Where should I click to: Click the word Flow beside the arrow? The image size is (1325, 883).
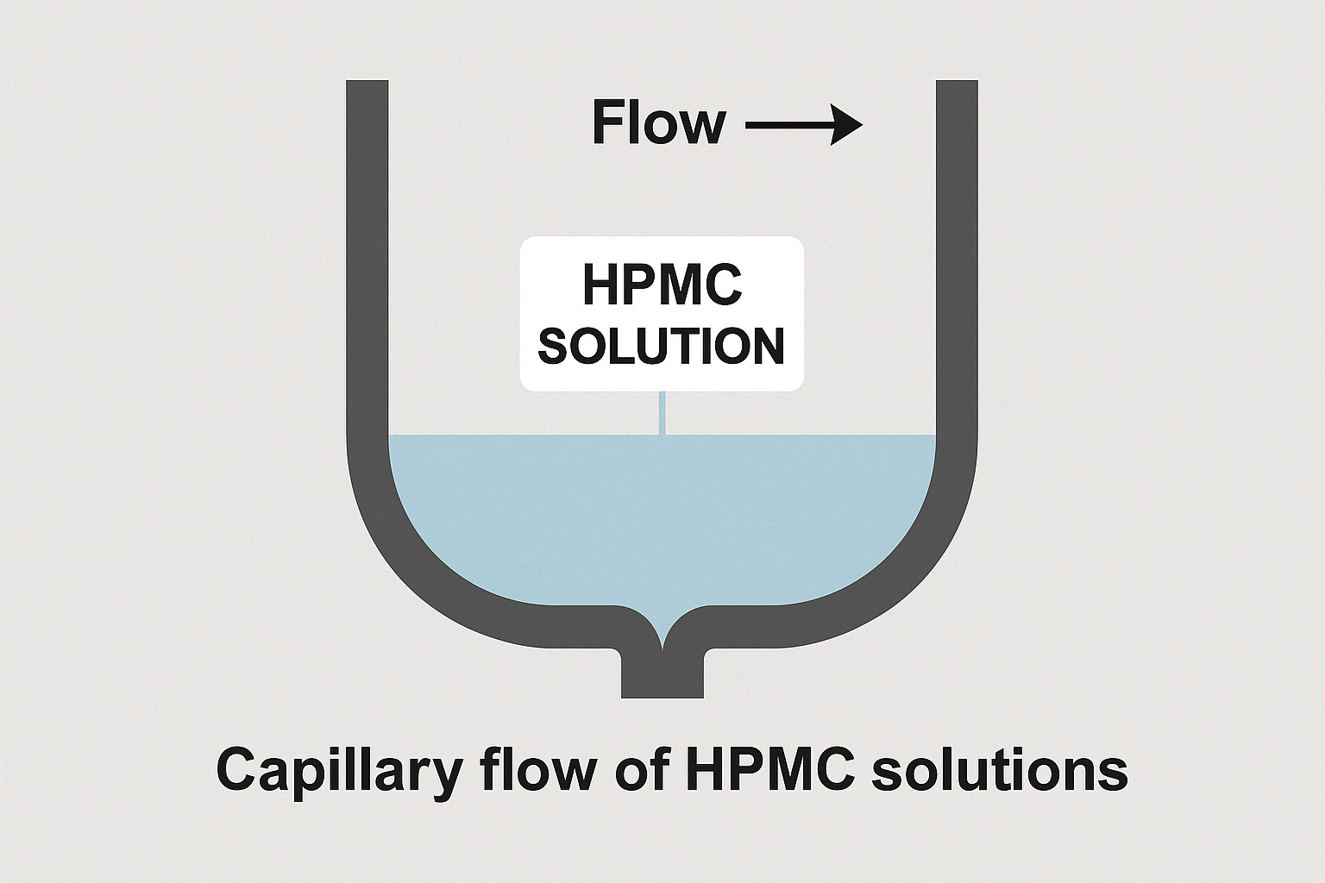659,123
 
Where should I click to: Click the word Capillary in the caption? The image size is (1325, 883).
337,770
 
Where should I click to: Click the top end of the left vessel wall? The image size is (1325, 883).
367,84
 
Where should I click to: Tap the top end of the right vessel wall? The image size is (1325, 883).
957,84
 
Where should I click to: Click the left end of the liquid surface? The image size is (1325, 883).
392,436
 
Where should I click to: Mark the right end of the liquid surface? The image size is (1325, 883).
933,436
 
